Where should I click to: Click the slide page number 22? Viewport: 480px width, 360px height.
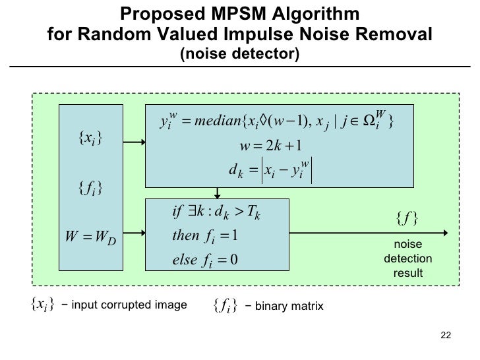(x=445, y=335)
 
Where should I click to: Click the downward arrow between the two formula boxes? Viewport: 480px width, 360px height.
(x=216, y=192)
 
